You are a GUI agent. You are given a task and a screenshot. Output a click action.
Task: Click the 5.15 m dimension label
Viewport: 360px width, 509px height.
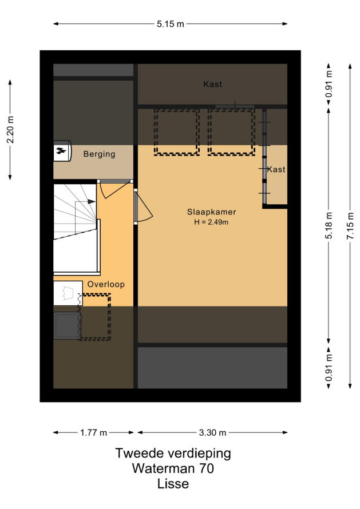(170, 24)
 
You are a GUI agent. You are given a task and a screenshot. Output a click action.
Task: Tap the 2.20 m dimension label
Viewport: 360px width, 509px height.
(10, 129)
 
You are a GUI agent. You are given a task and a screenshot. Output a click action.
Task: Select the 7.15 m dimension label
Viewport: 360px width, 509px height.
(350, 226)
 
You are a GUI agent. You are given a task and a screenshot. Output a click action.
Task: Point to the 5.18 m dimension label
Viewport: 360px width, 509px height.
(329, 225)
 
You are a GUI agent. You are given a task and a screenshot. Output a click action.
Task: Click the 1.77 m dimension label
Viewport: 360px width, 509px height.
(93, 432)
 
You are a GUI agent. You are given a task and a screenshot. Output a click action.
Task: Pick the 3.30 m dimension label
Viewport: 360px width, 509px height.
(212, 432)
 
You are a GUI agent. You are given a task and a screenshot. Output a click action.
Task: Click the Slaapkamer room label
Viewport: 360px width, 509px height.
(212, 212)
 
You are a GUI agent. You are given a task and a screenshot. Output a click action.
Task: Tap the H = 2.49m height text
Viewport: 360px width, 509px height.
(211, 222)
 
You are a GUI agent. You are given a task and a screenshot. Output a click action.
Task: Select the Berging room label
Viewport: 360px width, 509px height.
(99, 154)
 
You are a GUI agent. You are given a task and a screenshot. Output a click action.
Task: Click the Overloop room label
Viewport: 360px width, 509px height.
(106, 284)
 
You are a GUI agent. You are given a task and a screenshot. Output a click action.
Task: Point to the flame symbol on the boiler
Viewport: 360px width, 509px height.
(61, 150)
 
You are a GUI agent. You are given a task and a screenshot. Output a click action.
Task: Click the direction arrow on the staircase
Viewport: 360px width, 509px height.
(92, 201)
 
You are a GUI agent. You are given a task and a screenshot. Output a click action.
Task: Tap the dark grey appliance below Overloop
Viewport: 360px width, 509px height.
(67, 325)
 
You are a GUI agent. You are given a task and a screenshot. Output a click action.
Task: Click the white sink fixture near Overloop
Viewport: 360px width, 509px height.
(68, 293)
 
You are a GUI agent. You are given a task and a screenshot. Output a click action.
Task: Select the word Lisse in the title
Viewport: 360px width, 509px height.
(173, 484)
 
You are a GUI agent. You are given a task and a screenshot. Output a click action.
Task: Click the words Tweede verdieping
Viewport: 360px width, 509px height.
(173, 453)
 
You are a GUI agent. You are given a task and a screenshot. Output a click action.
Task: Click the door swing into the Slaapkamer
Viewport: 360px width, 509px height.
(143, 207)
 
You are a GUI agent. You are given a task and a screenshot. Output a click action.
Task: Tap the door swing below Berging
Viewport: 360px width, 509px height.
(114, 190)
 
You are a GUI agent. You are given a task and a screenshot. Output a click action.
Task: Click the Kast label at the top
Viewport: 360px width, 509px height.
(212, 85)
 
